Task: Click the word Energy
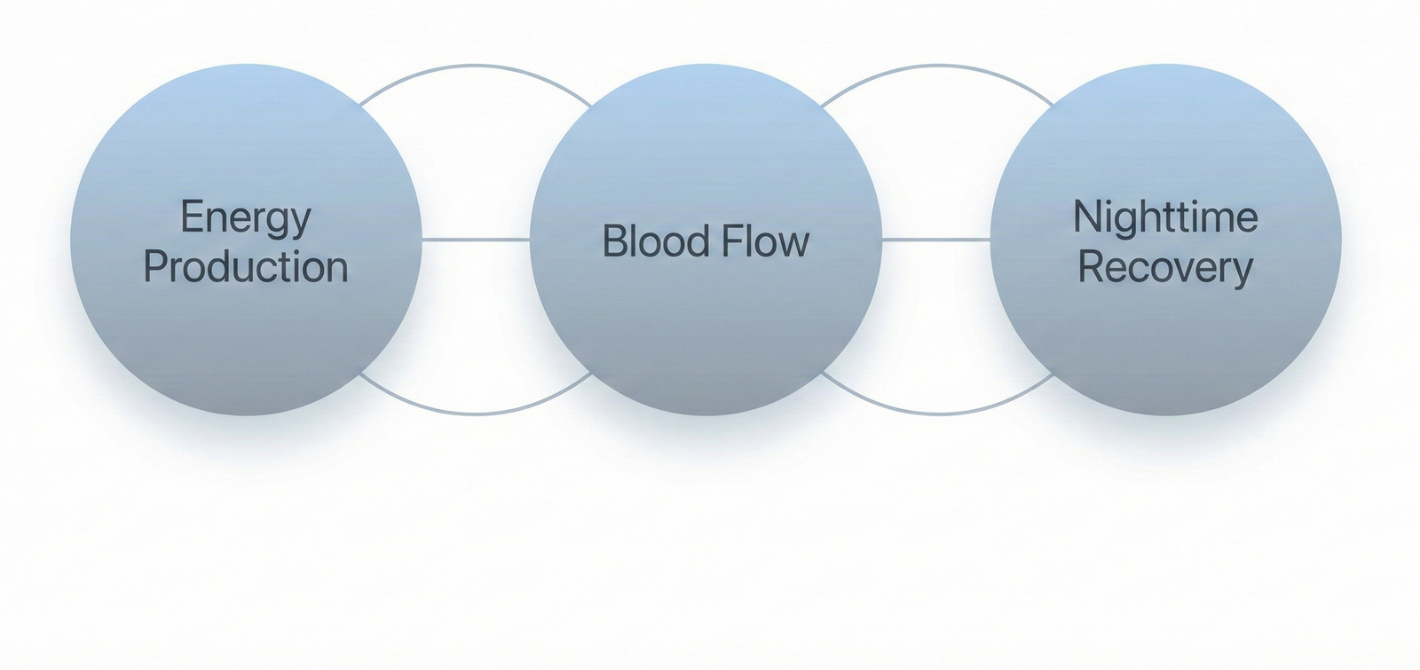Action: [x=245, y=218]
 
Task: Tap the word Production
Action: [x=245, y=267]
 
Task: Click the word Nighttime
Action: [x=1165, y=217]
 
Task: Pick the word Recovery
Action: [x=1165, y=267]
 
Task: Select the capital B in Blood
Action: [x=612, y=241]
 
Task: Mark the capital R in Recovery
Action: [x=1088, y=267]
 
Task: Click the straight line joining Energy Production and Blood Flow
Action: [x=476, y=240]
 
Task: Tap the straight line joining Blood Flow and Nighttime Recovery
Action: [x=936, y=240]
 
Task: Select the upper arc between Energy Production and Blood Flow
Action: [x=476, y=66]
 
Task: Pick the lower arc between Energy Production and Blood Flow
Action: [x=476, y=414]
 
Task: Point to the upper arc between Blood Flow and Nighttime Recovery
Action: [x=936, y=66]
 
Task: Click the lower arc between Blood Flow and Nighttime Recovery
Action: [x=936, y=414]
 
